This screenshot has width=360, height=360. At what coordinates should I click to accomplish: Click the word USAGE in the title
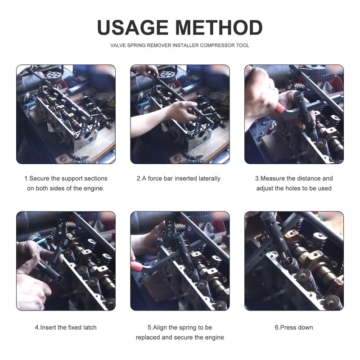(x=132, y=27)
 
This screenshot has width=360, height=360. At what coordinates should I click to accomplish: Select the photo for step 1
(x=66, y=114)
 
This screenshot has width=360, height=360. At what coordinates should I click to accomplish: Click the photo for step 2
(x=180, y=114)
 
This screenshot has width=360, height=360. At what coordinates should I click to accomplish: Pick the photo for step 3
(x=294, y=114)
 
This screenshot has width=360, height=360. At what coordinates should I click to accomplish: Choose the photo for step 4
(x=66, y=261)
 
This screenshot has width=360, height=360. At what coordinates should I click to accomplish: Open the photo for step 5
(x=180, y=261)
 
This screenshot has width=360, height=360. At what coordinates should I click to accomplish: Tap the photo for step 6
(x=294, y=261)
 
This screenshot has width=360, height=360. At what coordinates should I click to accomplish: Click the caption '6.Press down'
(x=294, y=327)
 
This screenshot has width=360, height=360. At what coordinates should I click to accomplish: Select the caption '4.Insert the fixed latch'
(x=66, y=327)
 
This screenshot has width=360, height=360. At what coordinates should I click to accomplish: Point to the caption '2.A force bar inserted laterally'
(x=179, y=178)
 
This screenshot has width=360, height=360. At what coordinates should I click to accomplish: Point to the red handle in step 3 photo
(x=280, y=109)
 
